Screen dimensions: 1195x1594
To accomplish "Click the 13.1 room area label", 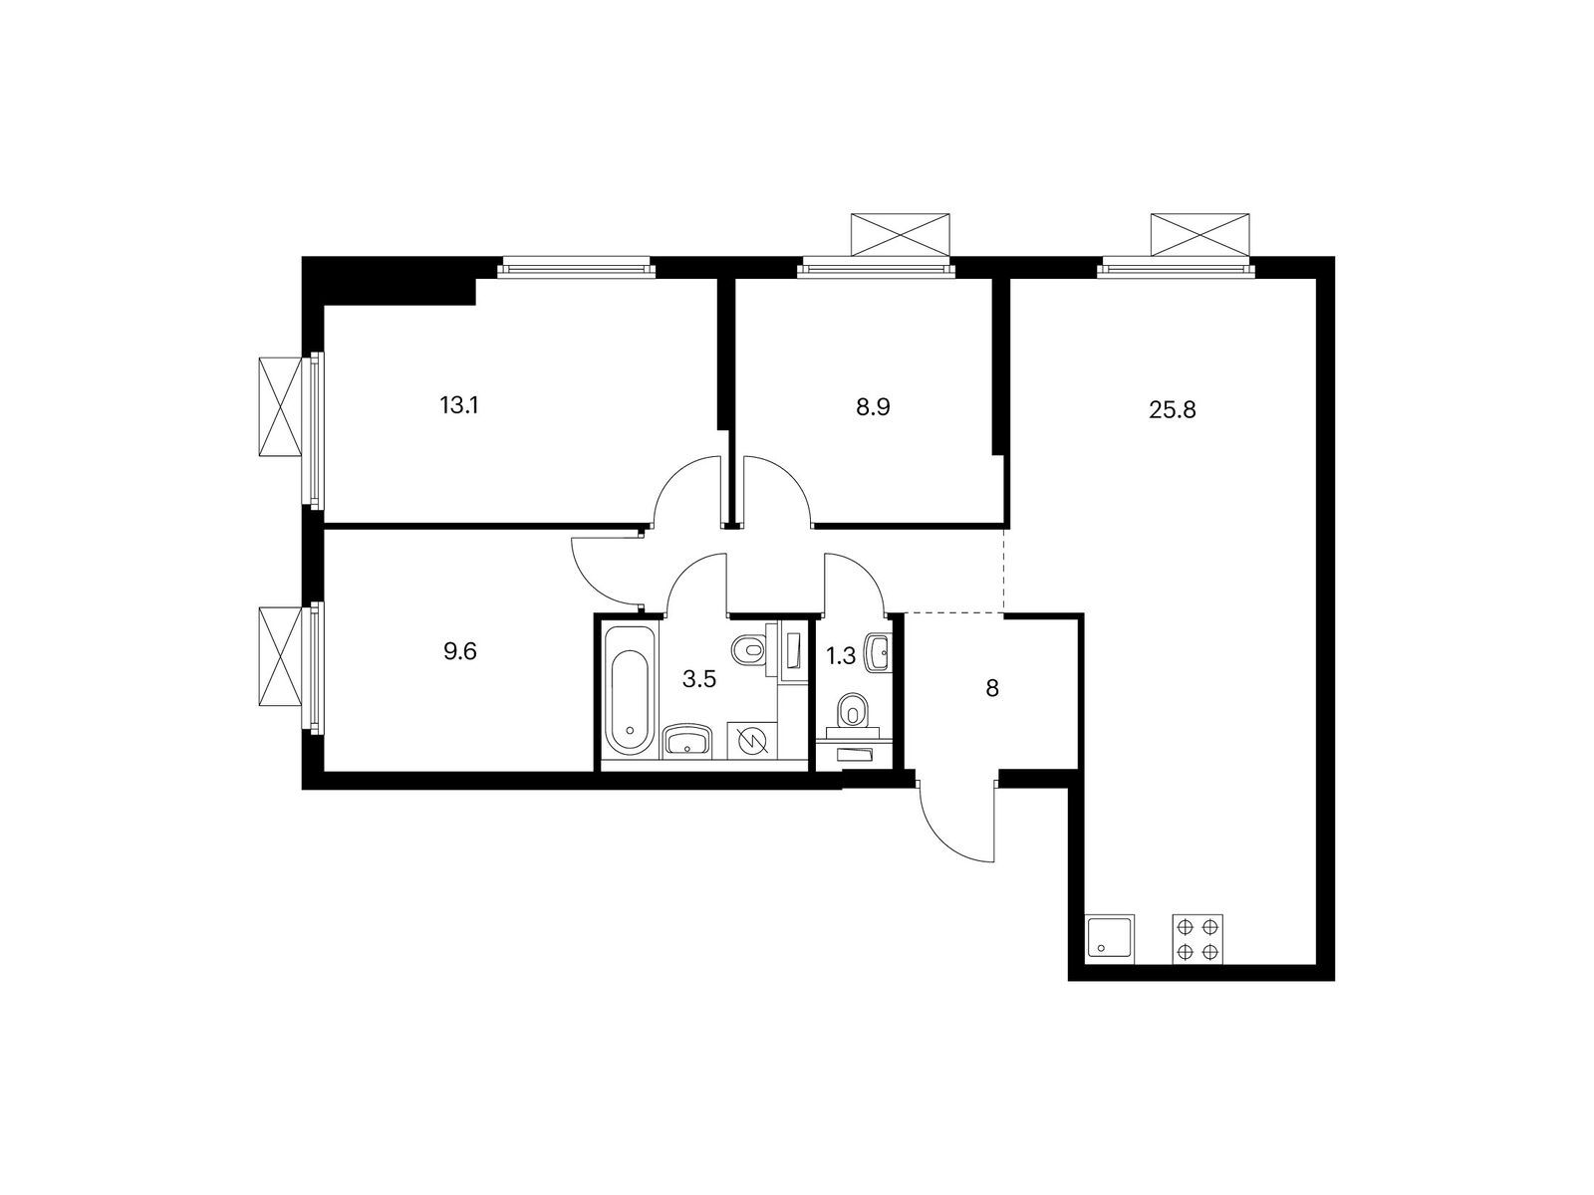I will point(460,405).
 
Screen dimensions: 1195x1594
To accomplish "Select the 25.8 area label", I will point(1172,409).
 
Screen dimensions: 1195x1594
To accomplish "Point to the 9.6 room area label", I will point(460,652).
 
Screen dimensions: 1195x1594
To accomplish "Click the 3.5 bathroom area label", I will point(697,681).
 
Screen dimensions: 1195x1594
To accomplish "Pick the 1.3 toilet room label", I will point(842,655).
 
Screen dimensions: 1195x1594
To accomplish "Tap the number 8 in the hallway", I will point(992,688).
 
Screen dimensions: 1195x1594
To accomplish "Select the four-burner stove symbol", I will point(1197,937).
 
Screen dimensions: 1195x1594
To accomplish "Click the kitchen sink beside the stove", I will point(1109,937).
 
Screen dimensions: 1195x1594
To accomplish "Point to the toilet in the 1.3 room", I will point(853,713).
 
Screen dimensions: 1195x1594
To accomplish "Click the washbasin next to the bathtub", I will point(687,741).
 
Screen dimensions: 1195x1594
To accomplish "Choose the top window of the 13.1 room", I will point(576,266).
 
